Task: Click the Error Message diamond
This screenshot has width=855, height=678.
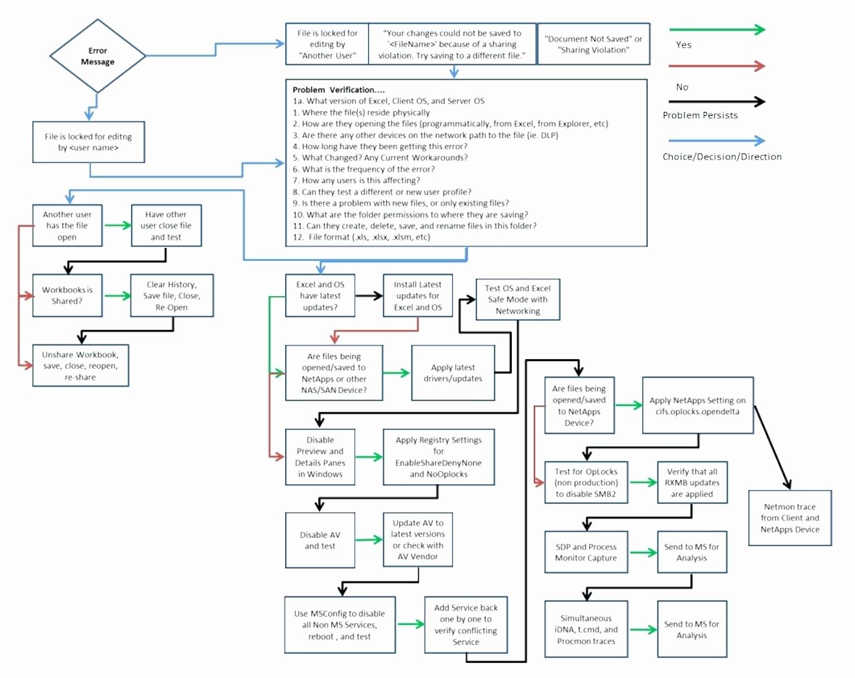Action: coord(97,57)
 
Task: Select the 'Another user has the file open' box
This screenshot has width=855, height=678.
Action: coord(67,226)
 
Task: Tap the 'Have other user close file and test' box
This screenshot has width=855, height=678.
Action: coord(166,226)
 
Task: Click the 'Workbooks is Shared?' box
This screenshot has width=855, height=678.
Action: coord(67,296)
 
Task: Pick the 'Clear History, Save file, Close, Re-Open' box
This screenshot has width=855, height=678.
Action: coord(171,296)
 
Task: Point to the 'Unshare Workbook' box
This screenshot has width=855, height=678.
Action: coord(80,366)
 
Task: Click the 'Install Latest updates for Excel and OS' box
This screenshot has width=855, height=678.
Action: coord(417,296)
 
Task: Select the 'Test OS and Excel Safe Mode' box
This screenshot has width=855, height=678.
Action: coord(517,300)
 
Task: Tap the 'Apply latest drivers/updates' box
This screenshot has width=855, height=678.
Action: coord(452,373)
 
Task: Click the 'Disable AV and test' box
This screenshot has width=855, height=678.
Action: coord(320,540)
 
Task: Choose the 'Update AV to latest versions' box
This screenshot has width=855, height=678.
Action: coord(417,539)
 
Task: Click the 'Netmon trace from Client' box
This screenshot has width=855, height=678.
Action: coord(789,518)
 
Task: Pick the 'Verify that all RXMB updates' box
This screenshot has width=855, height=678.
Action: coord(691,483)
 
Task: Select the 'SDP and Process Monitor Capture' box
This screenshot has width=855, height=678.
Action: coord(586,552)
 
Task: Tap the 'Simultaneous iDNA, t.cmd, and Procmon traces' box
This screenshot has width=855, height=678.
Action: coord(586,630)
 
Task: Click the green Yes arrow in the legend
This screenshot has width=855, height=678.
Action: coord(717,30)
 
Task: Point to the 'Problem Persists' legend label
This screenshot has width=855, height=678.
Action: coord(700,115)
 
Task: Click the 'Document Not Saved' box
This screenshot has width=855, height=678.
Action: coord(593,44)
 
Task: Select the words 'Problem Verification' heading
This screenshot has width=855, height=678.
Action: coord(338,90)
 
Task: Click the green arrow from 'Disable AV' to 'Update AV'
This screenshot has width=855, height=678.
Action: coord(369,540)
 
